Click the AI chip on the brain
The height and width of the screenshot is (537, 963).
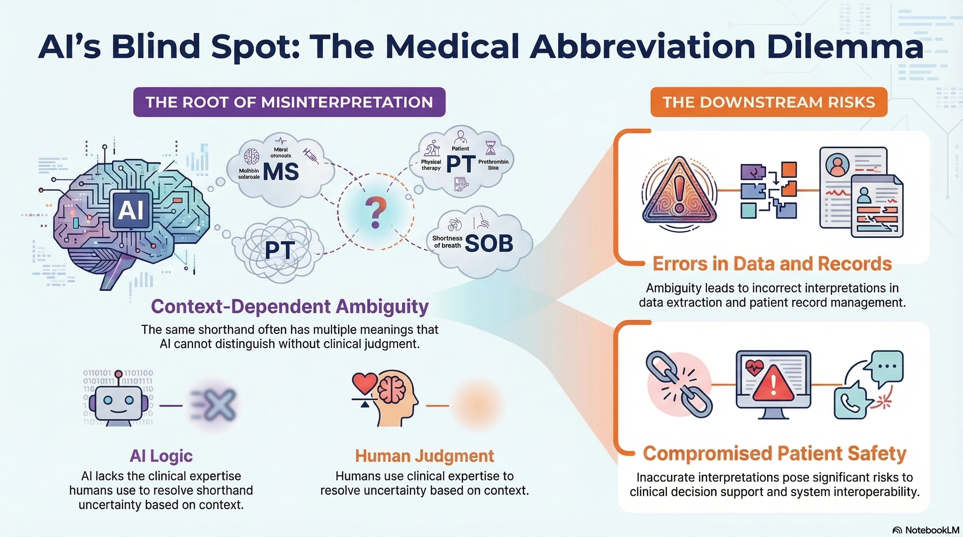click(x=131, y=210)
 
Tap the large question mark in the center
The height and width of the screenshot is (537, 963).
click(x=375, y=213)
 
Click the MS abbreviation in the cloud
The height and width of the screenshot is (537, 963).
click(x=281, y=171)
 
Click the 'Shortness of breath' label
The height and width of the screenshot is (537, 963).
click(x=447, y=242)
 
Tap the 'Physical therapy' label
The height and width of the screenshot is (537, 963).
click(x=431, y=165)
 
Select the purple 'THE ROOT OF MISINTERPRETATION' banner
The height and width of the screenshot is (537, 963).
click(x=289, y=102)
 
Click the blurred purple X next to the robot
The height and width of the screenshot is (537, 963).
click(x=217, y=405)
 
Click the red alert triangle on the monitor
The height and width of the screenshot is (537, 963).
click(x=773, y=384)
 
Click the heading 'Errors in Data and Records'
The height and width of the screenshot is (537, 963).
click(x=772, y=264)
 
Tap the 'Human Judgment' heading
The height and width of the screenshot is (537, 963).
click(x=424, y=456)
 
